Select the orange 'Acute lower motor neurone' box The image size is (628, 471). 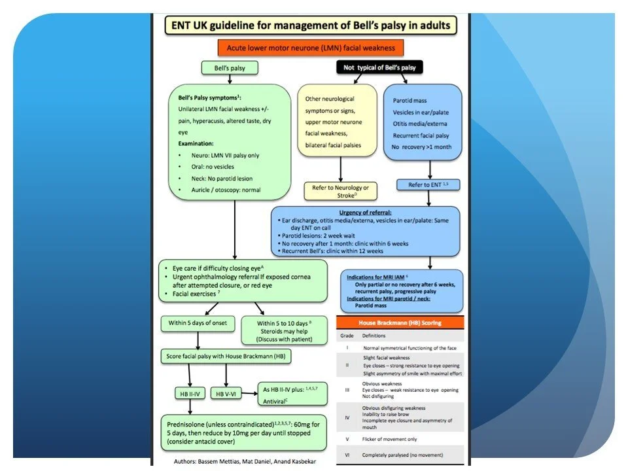pyautogui.click(x=311, y=48)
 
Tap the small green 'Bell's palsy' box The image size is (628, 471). pyautogui.click(x=232, y=67)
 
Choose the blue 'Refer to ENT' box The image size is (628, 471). pyautogui.click(x=428, y=185)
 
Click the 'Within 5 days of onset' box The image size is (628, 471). pyautogui.click(x=196, y=324)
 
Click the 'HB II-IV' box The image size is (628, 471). pyautogui.click(x=189, y=393)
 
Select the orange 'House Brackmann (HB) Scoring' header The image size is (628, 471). pyautogui.click(x=400, y=323)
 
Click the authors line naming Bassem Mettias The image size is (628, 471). pyautogui.click(x=241, y=461)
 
